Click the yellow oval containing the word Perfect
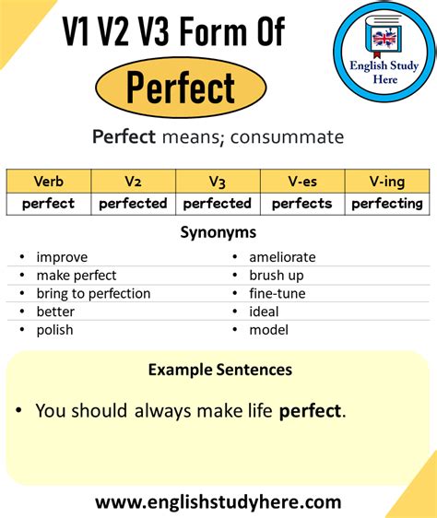[181, 88]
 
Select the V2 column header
[133, 182]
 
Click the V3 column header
[218, 182]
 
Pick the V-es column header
[302, 182]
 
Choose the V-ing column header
[387, 182]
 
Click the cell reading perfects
[302, 204]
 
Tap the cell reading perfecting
[387, 204]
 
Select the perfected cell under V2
[133, 204]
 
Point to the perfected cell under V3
[218, 204]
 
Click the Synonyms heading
[218, 233]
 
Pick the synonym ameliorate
[282, 257]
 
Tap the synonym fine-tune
[278, 293]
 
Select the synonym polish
[55, 330]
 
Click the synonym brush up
[277, 276]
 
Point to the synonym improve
[62, 257]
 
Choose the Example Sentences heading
[220, 370]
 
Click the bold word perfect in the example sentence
[310, 412]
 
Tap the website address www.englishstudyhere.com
[218, 502]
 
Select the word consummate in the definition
[288, 137]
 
